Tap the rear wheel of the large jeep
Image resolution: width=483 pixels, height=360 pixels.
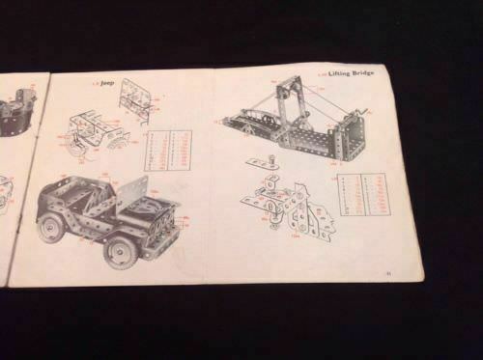point(50,227)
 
